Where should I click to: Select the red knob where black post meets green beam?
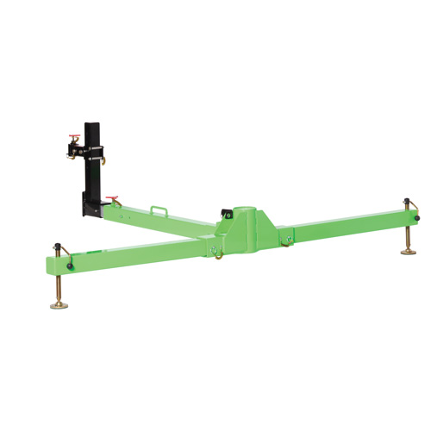tap(109, 201)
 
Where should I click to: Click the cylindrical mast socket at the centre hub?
tap(247, 216)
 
